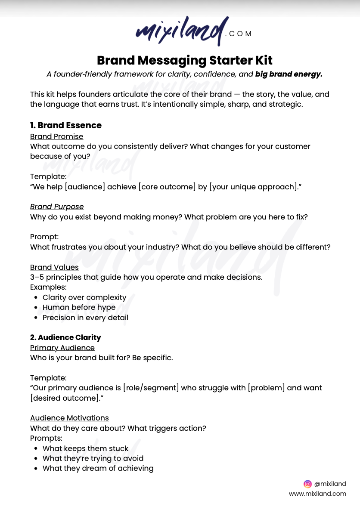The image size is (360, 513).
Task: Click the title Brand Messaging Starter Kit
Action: (x=185, y=60)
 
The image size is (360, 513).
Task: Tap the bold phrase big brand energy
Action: (x=289, y=74)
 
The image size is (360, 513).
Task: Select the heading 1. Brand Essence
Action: (x=66, y=125)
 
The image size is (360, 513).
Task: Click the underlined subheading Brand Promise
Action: (x=57, y=136)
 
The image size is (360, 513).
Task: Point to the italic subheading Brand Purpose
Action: (x=57, y=207)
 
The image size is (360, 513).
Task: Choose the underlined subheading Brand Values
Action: (x=54, y=267)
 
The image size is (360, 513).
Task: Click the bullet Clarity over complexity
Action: (x=84, y=297)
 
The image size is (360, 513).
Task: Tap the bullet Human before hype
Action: (x=79, y=307)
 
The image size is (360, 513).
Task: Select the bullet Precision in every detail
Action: (x=85, y=318)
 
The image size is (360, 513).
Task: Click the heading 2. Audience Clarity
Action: (x=65, y=337)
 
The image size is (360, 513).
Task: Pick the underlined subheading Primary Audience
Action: (x=62, y=348)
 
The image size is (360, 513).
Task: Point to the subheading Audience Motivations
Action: (x=69, y=418)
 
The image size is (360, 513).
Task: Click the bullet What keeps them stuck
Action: (x=85, y=448)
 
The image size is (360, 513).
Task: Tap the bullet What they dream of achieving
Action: (x=98, y=468)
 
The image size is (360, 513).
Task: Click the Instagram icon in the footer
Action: (x=307, y=484)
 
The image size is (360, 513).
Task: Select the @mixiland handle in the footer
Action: (x=330, y=484)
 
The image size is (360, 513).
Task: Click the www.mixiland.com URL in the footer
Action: (x=317, y=494)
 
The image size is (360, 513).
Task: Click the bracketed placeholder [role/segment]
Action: (x=151, y=388)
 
